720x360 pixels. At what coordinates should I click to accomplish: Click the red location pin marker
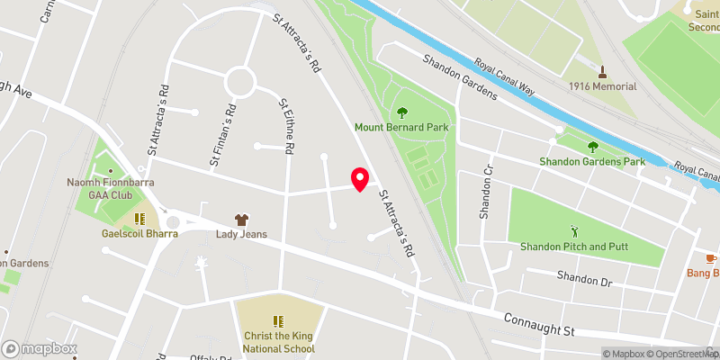(x=360, y=179)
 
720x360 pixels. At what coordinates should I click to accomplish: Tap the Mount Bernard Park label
(x=401, y=128)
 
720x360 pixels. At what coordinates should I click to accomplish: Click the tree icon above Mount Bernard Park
(x=401, y=112)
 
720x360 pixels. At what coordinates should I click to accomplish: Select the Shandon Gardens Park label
(x=592, y=162)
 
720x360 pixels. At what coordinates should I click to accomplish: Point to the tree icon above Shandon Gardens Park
(x=592, y=147)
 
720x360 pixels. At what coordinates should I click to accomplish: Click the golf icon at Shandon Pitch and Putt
(x=574, y=230)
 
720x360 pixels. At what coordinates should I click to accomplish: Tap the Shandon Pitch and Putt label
(x=574, y=246)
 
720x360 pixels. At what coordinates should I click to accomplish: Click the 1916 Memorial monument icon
(x=602, y=71)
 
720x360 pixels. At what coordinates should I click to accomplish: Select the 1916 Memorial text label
(x=602, y=86)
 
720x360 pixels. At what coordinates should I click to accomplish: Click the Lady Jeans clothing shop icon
(x=241, y=219)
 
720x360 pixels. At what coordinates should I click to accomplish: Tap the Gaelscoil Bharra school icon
(x=139, y=219)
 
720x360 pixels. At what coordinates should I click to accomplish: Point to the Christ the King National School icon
(x=278, y=320)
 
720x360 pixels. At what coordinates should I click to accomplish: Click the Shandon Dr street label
(x=583, y=280)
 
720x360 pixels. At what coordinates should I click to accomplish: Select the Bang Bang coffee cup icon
(x=712, y=258)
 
